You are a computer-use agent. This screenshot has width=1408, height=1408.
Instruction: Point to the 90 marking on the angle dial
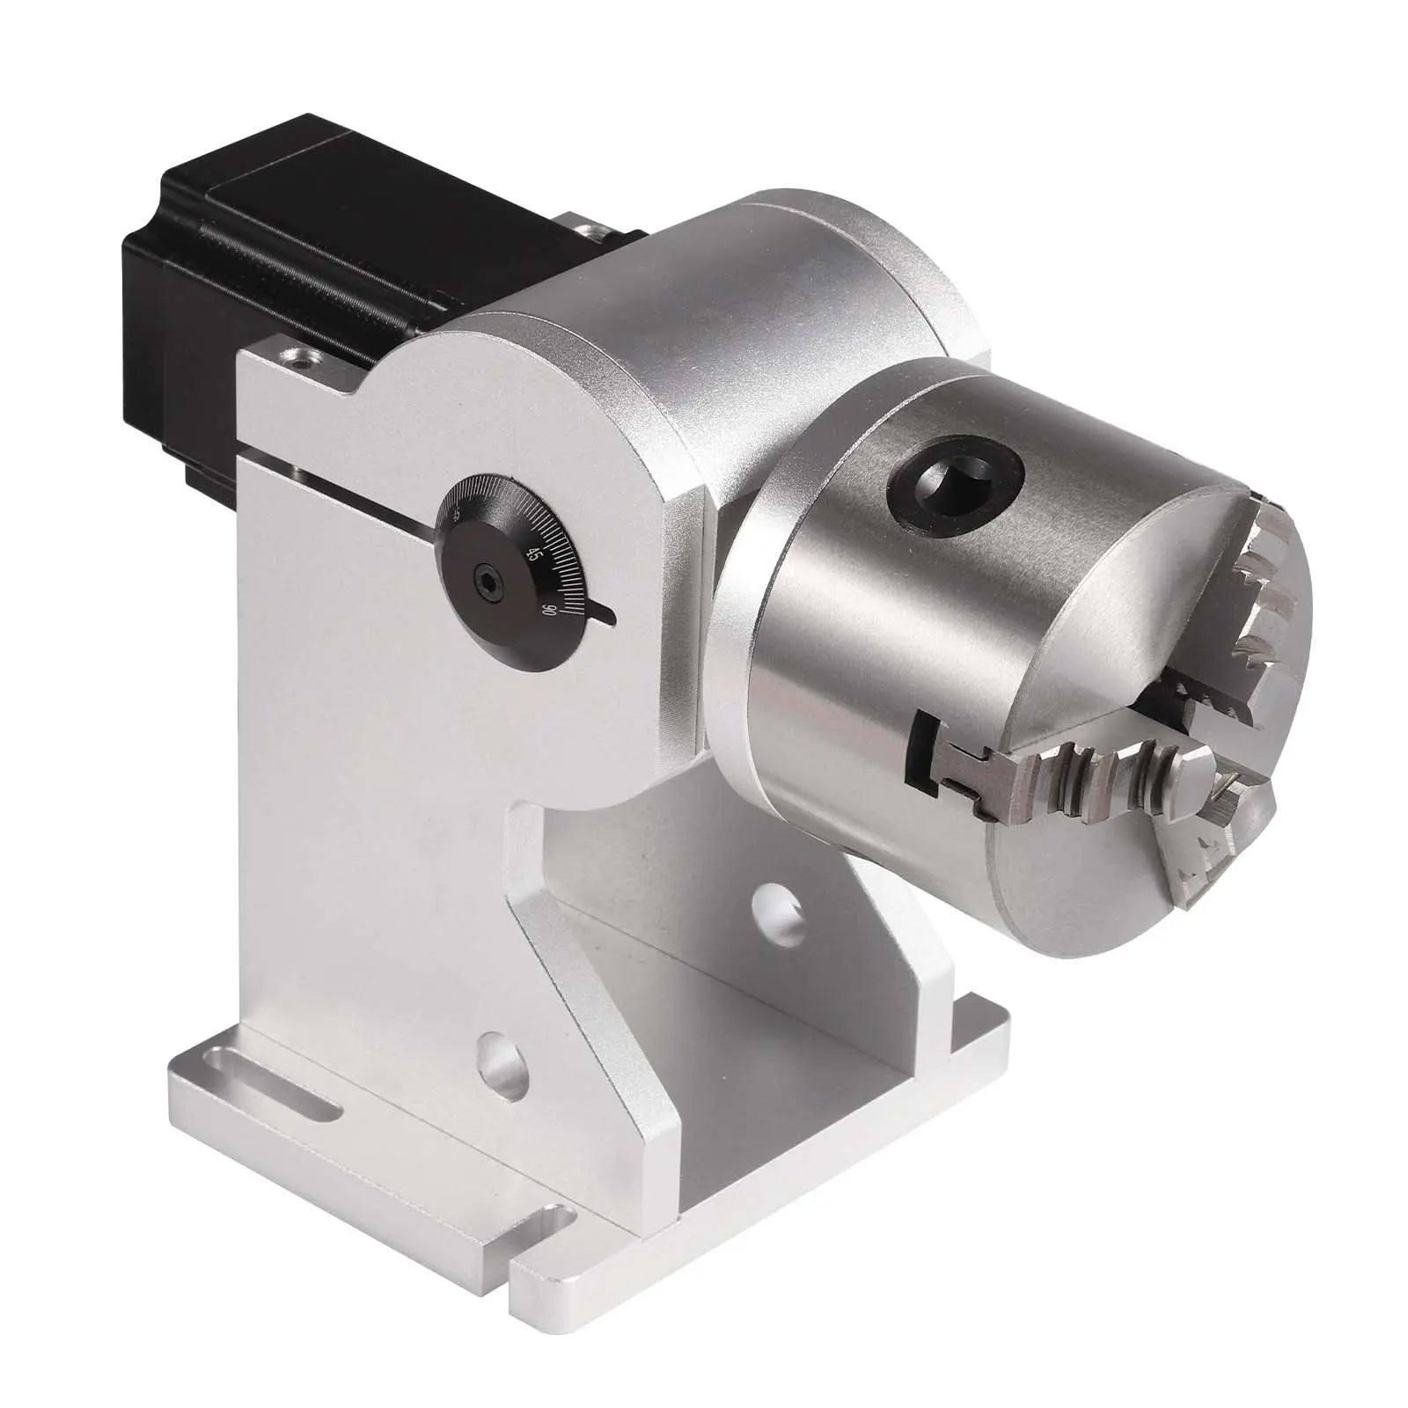click(549, 610)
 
